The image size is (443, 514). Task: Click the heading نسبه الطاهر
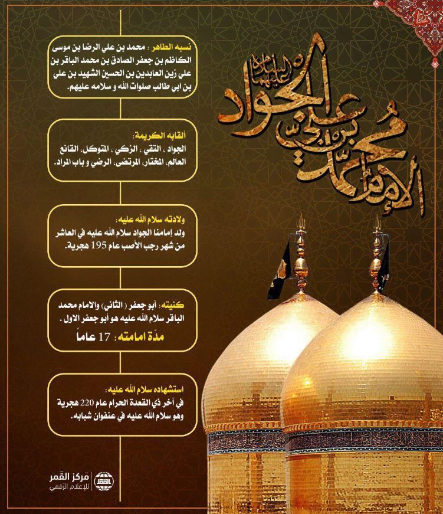[x=179, y=46]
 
